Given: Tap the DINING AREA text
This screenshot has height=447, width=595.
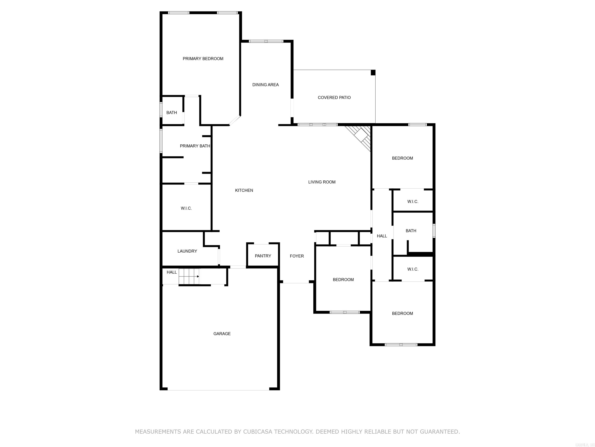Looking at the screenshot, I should (265, 85).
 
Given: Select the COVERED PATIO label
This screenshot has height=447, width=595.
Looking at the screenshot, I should (334, 98).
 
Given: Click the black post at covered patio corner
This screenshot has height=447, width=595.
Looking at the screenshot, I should (373, 73).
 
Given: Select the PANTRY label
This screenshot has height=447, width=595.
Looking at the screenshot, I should (263, 256).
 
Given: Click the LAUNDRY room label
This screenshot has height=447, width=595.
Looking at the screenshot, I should (187, 251).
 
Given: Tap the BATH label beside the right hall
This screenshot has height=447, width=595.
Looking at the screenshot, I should (411, 231).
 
